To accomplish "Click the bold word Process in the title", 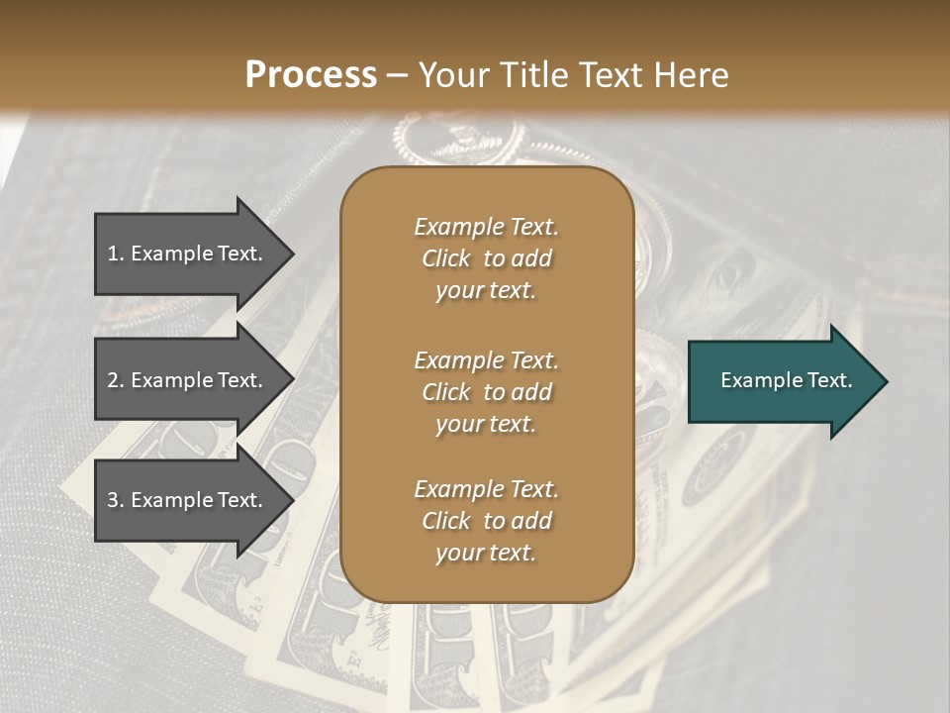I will point(311,75).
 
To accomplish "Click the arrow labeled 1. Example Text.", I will point(188,254).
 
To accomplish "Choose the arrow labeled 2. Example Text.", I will point(188,380).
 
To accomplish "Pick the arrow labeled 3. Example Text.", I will point(188,500).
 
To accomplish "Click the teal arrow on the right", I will point(782,380).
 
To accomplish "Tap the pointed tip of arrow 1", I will point(291,254).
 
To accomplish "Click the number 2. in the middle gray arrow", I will point(116,380).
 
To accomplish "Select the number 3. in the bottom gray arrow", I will point(116,500).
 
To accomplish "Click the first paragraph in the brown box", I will point(486,258).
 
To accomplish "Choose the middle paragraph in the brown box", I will point(486,391).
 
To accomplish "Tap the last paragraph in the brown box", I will point(486,521).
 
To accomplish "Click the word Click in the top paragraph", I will point(445,258).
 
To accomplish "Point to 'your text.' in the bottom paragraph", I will point(486,553).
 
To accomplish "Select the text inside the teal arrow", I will point(786,380).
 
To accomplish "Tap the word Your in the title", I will point(446,75).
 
